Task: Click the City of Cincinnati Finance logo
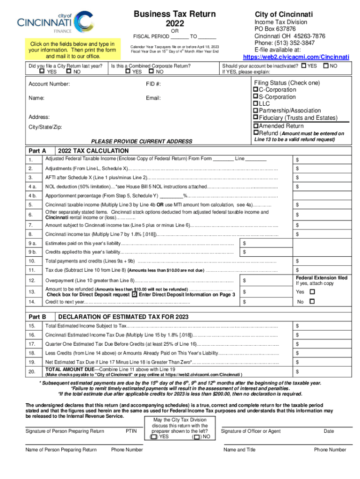tap(51, 23)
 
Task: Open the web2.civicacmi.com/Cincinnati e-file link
tap(296, 57)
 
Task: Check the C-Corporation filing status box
tap(256, 90)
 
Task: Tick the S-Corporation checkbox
tap(256, 97)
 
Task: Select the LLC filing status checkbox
tap(256, 103)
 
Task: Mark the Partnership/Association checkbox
tap(256, 110)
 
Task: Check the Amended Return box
tap(256, 126)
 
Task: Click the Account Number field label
tap(49, 84)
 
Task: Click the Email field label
tap(153, 98)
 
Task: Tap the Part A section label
tap(37, 151)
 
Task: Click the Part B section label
tap(37, 317)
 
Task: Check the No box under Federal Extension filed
tap(313, 302)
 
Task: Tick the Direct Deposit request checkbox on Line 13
tap(135, 295)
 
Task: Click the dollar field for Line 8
tap(323, 234)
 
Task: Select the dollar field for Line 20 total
tap(323, 372)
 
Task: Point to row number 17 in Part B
tap(32, 344)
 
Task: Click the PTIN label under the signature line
tap(131, 431)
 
